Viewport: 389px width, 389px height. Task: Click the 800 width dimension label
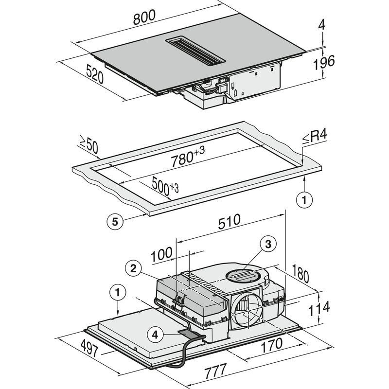click(144, 18)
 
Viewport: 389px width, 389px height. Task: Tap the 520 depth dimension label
click(95, 74)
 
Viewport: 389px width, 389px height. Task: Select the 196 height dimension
click(324, 62)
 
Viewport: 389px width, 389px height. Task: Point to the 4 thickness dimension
click(322, 25)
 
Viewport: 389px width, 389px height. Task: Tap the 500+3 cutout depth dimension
click(165, 186)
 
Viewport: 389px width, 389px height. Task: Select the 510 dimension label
click(229, 221)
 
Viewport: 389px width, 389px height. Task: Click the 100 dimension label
click(161, 254)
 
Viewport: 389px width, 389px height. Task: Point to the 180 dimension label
click(301, 273)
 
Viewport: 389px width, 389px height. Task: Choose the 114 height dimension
click(319, 308)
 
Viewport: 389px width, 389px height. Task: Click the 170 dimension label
click(271, 345)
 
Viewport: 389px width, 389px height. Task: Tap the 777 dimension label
click(215, 371)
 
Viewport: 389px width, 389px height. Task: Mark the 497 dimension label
click(89, 348)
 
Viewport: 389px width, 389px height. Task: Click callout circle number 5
click(115, 222)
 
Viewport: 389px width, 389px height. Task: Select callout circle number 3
click(268, 244)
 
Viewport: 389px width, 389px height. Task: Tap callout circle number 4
click(155, 335)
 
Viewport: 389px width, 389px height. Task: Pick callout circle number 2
click(133, 268)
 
